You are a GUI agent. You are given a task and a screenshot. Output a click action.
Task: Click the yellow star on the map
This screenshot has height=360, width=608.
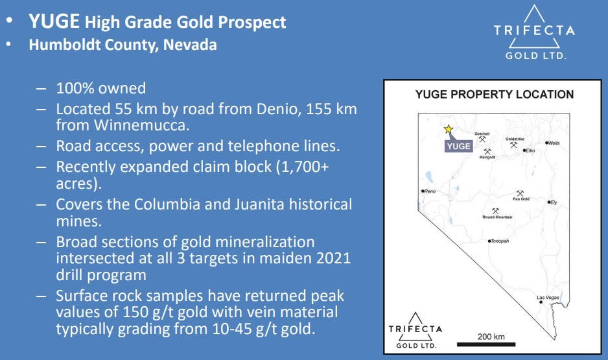[x=449, y=129]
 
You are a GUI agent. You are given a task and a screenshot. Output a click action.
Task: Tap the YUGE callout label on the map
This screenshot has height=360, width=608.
[x=459, y=146]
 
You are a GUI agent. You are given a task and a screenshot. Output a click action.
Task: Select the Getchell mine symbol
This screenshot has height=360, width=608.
[x=482, y=139]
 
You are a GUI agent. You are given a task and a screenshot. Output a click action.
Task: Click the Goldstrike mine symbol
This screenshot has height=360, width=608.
[x=514, y=145]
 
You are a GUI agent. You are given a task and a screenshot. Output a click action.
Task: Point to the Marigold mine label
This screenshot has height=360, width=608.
[x=487, y=158]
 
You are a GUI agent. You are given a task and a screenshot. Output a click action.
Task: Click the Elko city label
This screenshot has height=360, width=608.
[x=530, y=150]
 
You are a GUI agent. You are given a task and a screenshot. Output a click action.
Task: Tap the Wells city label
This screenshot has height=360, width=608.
[x=554, y=143]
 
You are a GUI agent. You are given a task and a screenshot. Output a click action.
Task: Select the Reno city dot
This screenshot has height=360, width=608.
[x=423, y=191]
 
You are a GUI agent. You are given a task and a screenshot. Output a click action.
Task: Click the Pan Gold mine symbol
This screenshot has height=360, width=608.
[x=520, y=193]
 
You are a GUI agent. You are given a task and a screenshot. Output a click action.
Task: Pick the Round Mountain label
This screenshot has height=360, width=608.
[x=498, y=217]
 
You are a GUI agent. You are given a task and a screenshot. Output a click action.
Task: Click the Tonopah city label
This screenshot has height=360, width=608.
[x=500, y=241]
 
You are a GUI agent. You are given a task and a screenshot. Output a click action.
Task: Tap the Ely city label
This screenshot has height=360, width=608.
[x=554, y=202]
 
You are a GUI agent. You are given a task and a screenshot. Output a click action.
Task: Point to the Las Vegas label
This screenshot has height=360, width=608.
[x=548, y=298]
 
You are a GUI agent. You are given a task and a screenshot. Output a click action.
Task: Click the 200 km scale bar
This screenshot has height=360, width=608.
[x=486, y=344]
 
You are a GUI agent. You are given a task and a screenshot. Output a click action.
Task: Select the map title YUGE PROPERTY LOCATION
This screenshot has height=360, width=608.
[x=495, y=94]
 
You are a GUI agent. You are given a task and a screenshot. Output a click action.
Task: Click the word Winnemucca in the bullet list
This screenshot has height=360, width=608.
[x=141, y=125]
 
